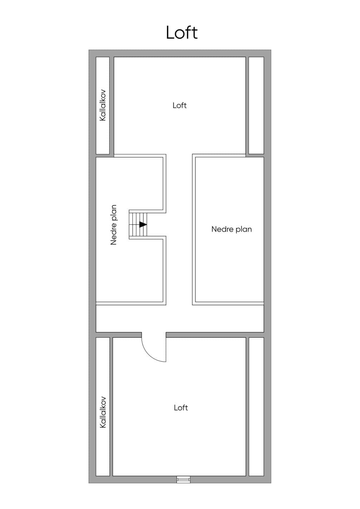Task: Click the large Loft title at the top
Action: tap(182, 32)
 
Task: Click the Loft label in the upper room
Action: tap(180, 105)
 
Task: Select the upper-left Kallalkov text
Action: tap(103, 105)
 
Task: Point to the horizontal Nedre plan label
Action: tap(232, 229)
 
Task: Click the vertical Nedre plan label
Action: tap(114, 225)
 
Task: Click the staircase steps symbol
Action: tap(138, 224)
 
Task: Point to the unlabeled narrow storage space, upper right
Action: tap(256, 105)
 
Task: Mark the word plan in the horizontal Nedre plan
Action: tap(244, 230)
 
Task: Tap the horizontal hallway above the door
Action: tap(180, 318)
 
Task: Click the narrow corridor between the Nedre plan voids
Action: tap(179, 230)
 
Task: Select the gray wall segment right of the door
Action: tap(215, 335)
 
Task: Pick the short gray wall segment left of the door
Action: tap(118, 335)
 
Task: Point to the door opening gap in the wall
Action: tap(154, 335)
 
